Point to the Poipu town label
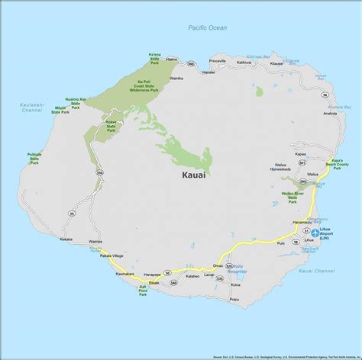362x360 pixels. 235,301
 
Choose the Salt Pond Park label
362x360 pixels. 142,292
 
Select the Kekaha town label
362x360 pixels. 66,239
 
